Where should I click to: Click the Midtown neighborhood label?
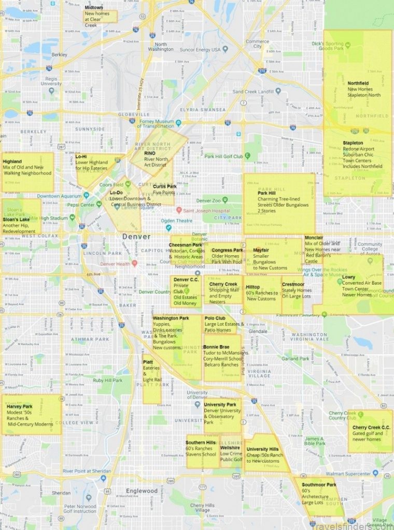tap(94, 7)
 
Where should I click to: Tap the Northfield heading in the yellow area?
tap(358, 83)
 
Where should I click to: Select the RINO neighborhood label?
tap(150, 153)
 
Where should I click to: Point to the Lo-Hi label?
tap(81, 156)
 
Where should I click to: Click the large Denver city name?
tap(136, 237)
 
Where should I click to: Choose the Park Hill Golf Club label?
tap(223, 156)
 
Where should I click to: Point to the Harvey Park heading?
tap(20, 406)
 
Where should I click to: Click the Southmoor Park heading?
tap(319, 485)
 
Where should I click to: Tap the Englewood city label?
tap(142, 491)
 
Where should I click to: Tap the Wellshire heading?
tap(230, 447)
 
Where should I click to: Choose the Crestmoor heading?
tap(293, 284)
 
